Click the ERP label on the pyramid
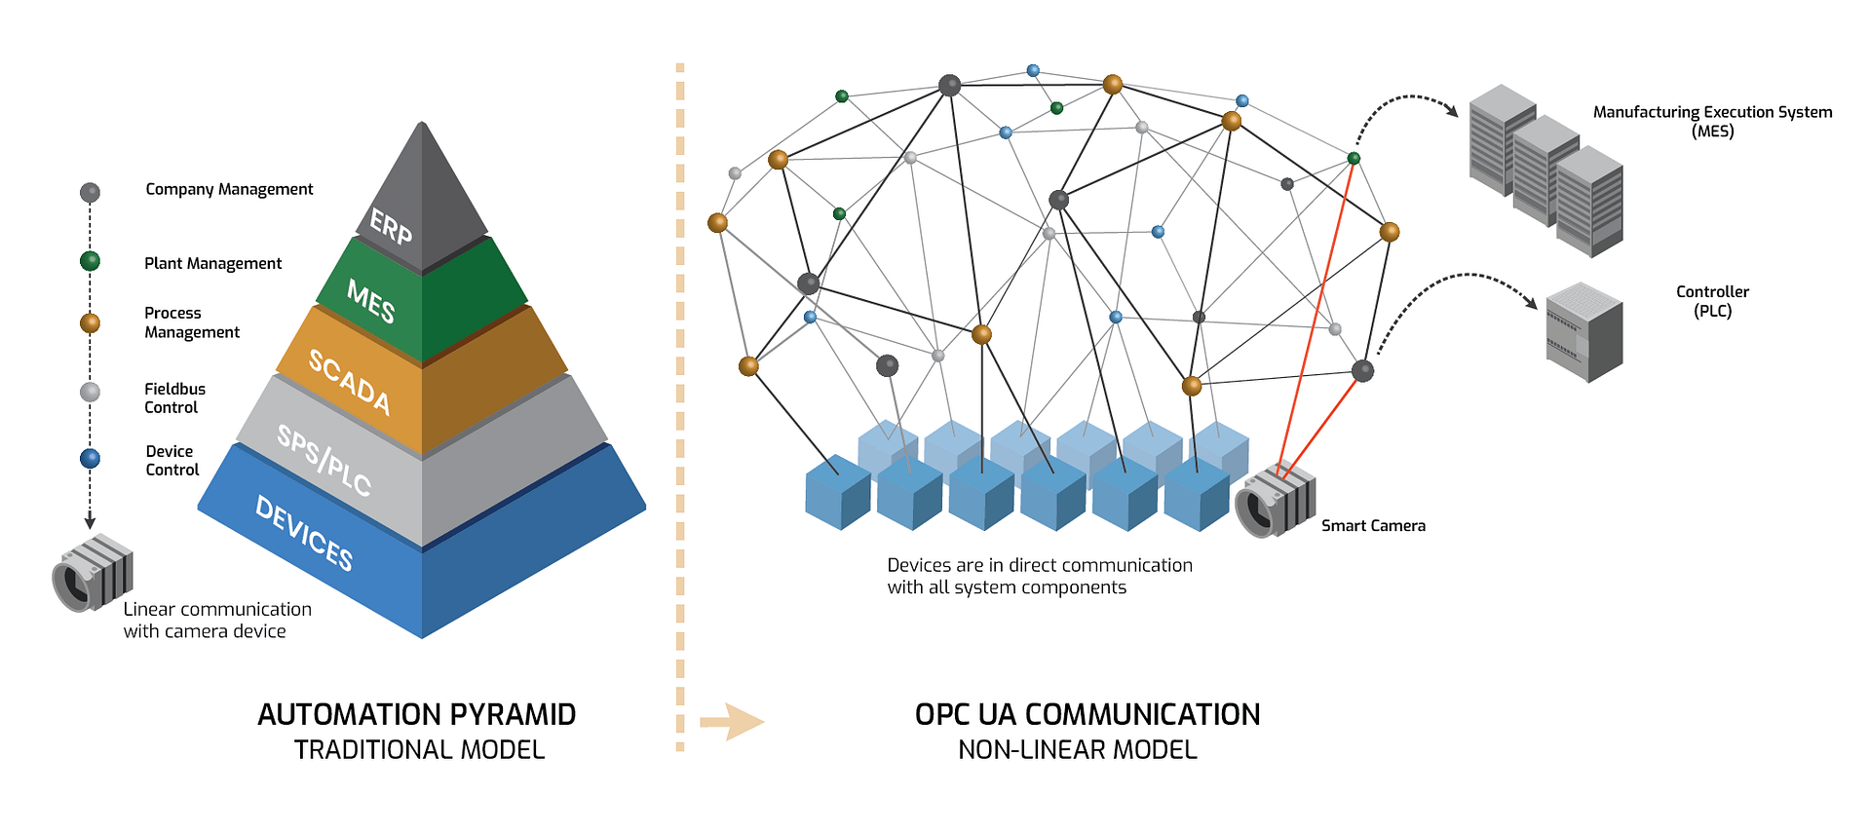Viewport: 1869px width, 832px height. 391,227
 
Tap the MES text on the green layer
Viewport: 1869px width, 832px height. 371,300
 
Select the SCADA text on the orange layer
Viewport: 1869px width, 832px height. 350,381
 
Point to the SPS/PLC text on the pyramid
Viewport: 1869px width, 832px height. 324,460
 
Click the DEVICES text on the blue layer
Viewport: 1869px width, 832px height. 304,533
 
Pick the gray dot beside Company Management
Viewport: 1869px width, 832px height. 90,192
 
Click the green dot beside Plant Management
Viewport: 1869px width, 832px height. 90,261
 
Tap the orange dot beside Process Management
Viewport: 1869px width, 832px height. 90,322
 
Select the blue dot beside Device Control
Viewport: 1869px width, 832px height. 90,458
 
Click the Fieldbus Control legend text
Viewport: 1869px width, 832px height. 174,397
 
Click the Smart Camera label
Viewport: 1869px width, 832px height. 1372,526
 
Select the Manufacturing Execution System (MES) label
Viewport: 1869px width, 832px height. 1711,121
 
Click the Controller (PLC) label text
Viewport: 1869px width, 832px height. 1711,301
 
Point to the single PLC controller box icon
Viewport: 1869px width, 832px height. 1583,332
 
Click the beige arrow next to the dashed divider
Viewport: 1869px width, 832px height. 731,722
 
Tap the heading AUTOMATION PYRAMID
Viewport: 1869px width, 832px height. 416,714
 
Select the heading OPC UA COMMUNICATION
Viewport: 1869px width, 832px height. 1087,714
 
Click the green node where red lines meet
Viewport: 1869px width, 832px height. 1354,158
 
